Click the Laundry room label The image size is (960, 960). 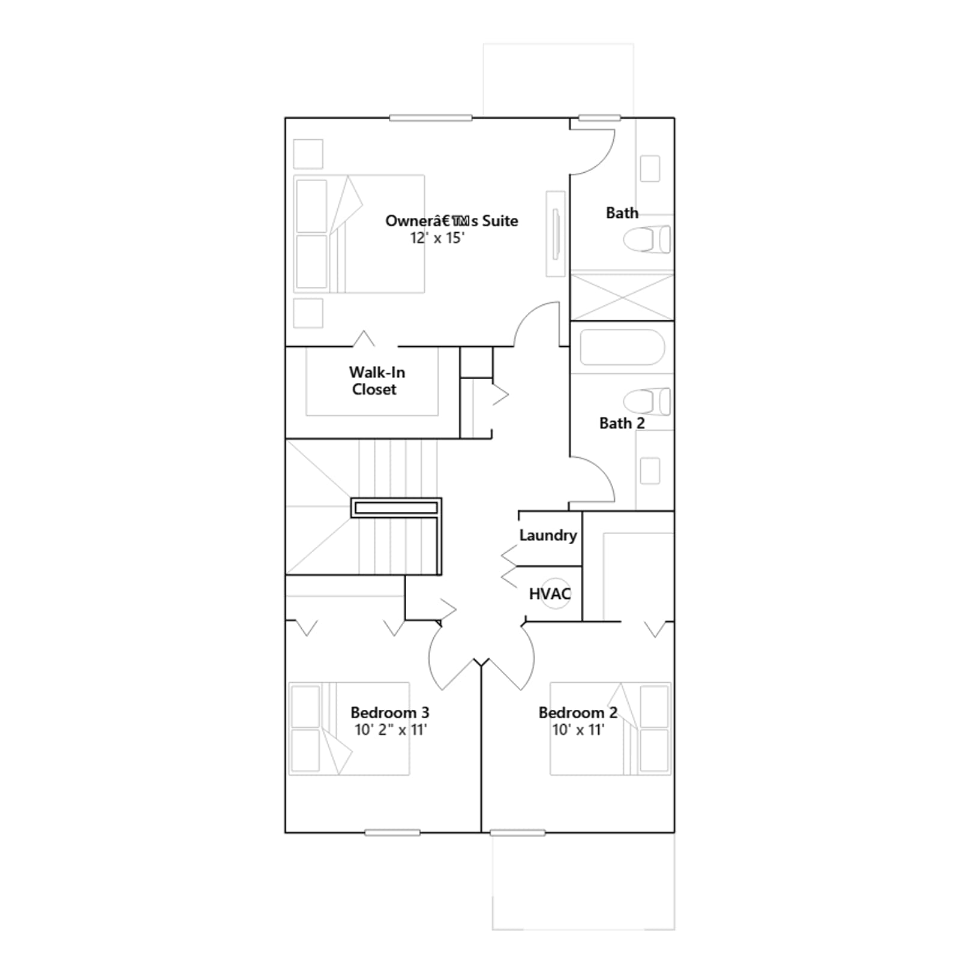click(548, 535)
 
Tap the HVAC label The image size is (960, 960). click(550, 594)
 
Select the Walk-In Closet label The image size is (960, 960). click(377, 381)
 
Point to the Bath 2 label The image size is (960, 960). click(622, 423)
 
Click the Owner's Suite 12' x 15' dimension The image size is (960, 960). click(437, 238)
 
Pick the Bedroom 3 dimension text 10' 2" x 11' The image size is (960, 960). click(391, 730)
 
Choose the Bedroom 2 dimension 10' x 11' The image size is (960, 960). click(578, 730)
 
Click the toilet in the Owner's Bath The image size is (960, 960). click(647, 239)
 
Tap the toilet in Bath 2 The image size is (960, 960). click(647, 401)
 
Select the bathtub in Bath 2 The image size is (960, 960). click(622, 347)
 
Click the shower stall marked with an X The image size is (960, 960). click(622, 297)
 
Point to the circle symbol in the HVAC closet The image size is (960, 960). click(556, 593)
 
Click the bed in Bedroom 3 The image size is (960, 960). click(349, 728)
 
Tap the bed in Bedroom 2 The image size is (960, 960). click(610, 728)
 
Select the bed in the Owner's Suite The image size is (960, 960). click(359, 234)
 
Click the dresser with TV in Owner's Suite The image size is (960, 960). click(556, 234)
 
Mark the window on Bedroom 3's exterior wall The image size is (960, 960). click(392, 833)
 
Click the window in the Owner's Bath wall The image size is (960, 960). click(599, 118)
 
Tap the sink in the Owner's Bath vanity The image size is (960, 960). click(650, 169)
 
